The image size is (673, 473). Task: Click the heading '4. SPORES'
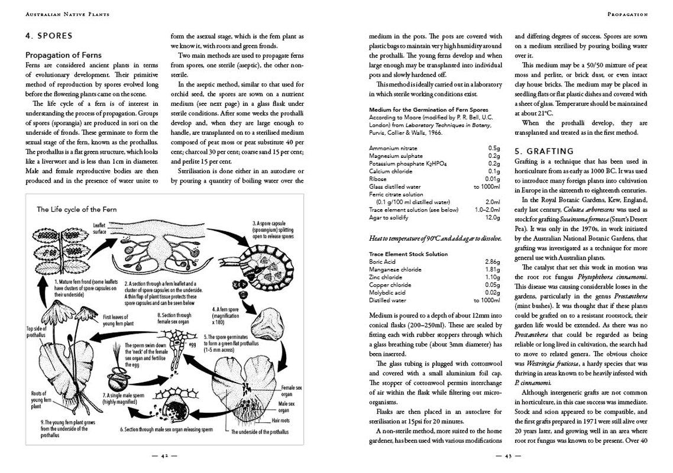click(49, 35)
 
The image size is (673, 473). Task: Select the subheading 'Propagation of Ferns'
click(63, 55)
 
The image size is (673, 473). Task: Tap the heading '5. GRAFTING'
click(544, 151)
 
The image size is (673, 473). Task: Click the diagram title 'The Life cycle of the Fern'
click(77, 209)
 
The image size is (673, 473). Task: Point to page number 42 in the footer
click(165, 456)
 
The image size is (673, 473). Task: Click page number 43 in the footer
click(509, 456)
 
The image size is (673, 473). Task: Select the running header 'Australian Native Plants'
click(67, 14)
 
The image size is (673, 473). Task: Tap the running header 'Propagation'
click(627, 14)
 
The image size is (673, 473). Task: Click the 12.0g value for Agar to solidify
click(493, 217)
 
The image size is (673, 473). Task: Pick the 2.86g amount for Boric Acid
click(492, 261)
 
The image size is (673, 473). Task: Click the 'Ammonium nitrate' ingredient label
click(393, 148)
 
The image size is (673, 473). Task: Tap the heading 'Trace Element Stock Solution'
click(409, 254)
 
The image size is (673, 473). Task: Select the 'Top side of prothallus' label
click(35, 332)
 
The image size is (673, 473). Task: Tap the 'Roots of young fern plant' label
click(39, 400)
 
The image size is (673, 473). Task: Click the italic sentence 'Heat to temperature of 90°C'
click(435, 238)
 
